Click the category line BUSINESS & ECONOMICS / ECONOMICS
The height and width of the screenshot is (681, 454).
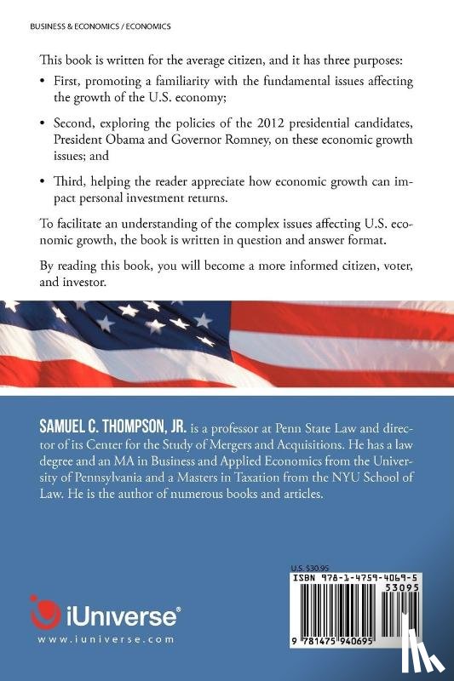[x=101, y=26]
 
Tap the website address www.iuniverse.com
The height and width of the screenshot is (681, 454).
[x=106, y=639]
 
